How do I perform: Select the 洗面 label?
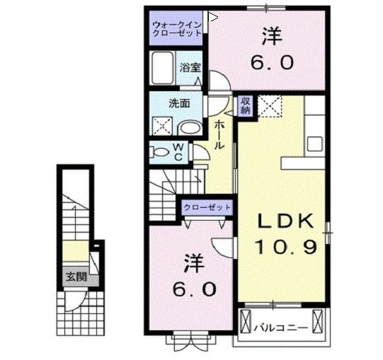click(x=178, y=103)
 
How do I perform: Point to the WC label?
click(x=178, y=151)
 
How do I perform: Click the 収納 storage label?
click(x=245, y=105)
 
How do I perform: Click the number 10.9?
click(x=282, y=248)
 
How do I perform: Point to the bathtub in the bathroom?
click(x=163, y=69)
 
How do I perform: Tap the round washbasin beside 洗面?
click(x=189, y=128)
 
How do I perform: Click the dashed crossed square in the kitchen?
click(x=269, y=107)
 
